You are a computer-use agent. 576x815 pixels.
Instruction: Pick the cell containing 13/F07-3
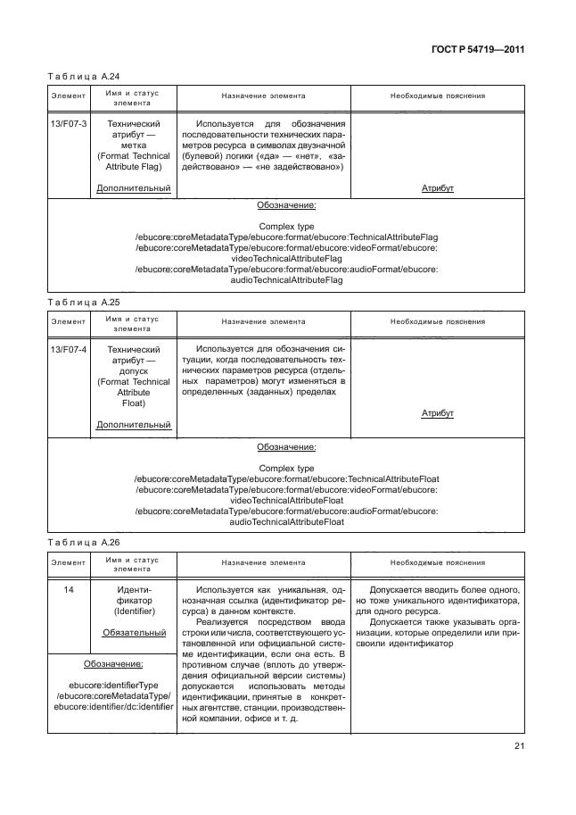coord(68,124)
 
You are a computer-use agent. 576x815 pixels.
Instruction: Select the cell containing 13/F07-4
coord(68,349)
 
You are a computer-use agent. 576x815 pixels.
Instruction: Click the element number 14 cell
coord(68,590)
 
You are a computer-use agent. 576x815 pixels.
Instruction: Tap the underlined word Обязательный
coord(133,632)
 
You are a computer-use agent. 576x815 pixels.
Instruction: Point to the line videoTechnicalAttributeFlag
coord(286,258)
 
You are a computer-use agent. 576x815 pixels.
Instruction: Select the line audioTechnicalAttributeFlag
coord(286,279)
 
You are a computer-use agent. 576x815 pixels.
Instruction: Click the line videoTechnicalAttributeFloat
coord(286,500)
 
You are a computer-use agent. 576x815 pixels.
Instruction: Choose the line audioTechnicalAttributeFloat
coord(286,521)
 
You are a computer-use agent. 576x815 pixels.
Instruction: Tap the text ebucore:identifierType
coord(112,685)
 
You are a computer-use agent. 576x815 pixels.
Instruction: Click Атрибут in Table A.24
coord(437,188)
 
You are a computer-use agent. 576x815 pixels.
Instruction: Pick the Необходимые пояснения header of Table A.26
coord(437,563)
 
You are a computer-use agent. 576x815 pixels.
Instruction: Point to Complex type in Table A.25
coord(286,468)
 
